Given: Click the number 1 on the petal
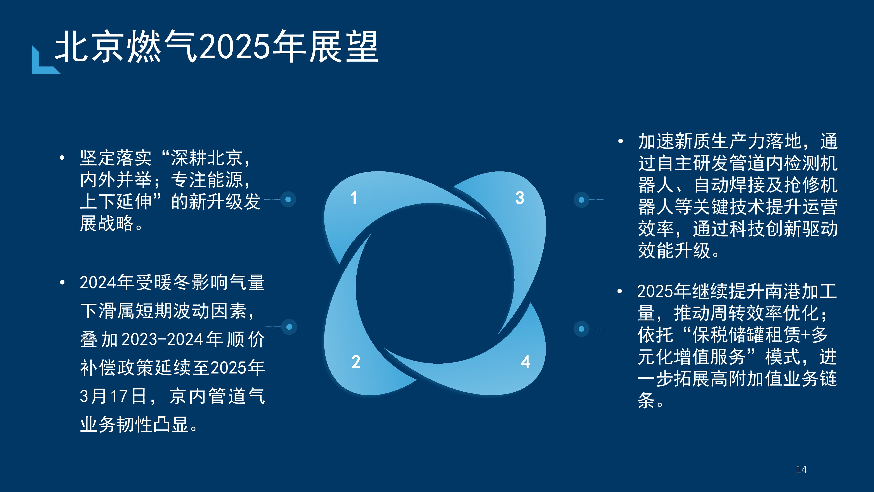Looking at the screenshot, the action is pos(354,198).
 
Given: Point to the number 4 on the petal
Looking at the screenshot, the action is pos(525,362).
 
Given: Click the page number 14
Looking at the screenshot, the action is pos(801,470).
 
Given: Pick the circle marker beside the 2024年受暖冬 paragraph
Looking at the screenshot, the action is pos(289,327).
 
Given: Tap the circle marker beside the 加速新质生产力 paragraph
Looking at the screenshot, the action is pos(581,200).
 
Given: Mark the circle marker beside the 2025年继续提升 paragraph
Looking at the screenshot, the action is pos(581,329).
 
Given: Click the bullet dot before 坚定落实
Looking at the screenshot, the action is pos(62,157).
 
